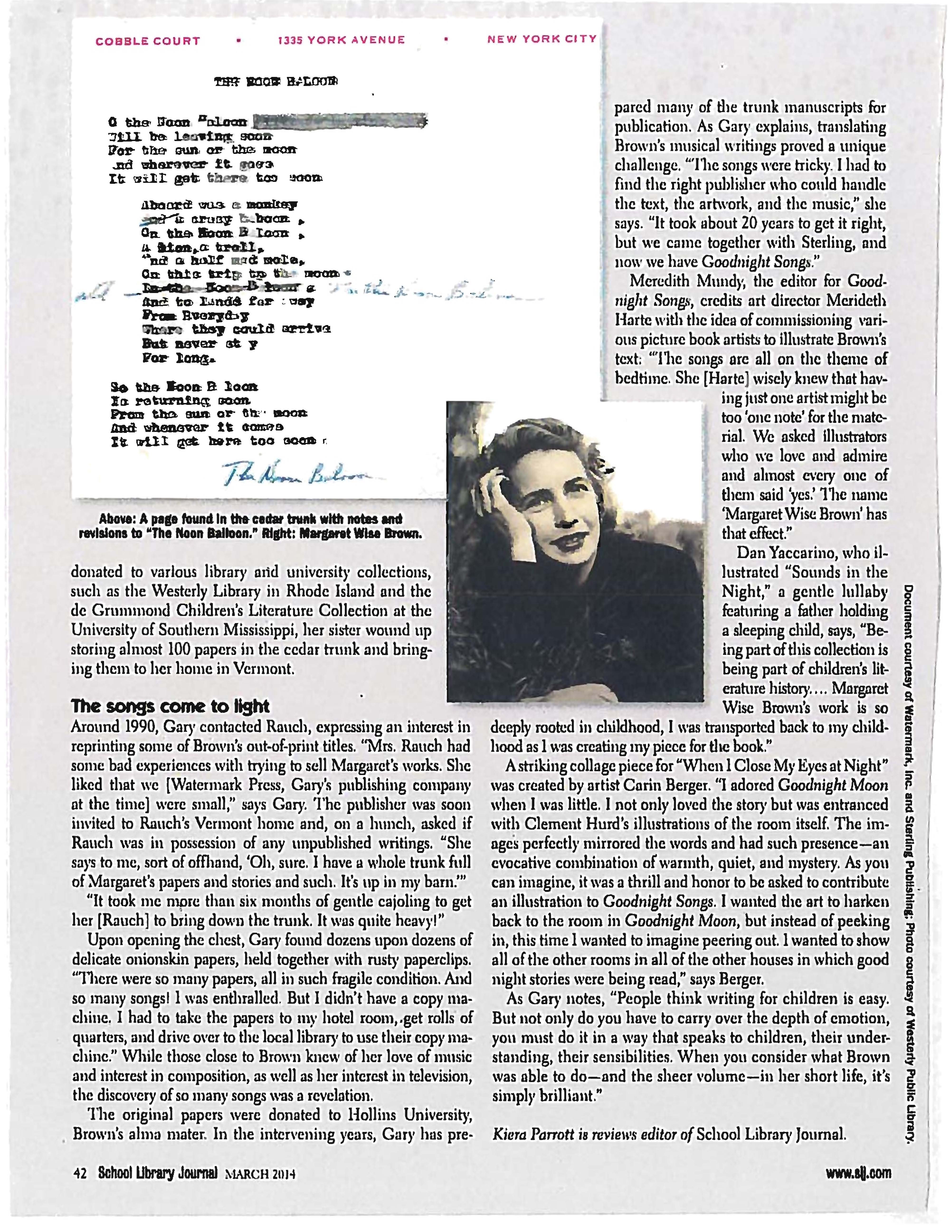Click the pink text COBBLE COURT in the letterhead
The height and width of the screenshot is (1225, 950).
[x=147, y=41]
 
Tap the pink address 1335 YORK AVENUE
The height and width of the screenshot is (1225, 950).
[x=341, y=40]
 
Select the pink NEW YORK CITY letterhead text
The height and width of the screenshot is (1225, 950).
[x=541, y=39]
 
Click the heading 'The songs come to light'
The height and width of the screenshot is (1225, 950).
[x=170, y=706]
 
